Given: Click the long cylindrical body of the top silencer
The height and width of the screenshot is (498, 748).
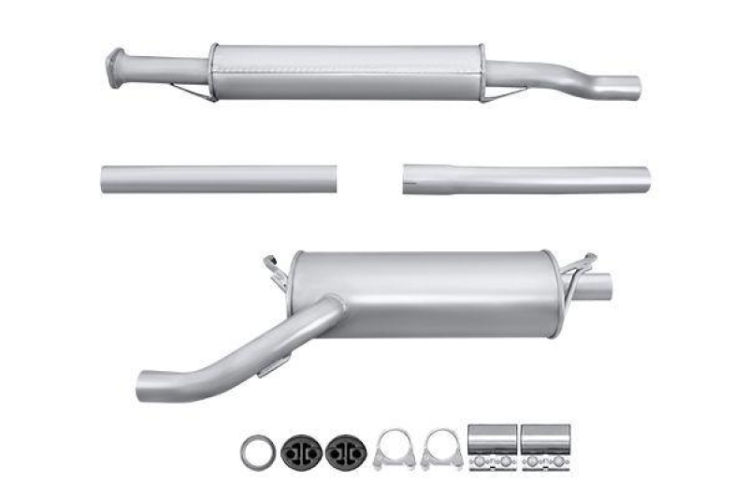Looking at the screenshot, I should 346,71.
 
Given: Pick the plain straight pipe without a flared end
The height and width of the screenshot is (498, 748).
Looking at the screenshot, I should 218,178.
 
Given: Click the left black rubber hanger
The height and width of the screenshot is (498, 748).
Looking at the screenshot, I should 301,451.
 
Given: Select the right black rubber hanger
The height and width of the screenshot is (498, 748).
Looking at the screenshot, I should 345,451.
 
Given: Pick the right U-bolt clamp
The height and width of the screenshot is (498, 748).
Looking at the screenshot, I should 440,449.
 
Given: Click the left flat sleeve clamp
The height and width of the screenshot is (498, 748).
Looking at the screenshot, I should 492,448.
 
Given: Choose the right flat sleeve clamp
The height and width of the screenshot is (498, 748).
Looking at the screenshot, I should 545,448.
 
